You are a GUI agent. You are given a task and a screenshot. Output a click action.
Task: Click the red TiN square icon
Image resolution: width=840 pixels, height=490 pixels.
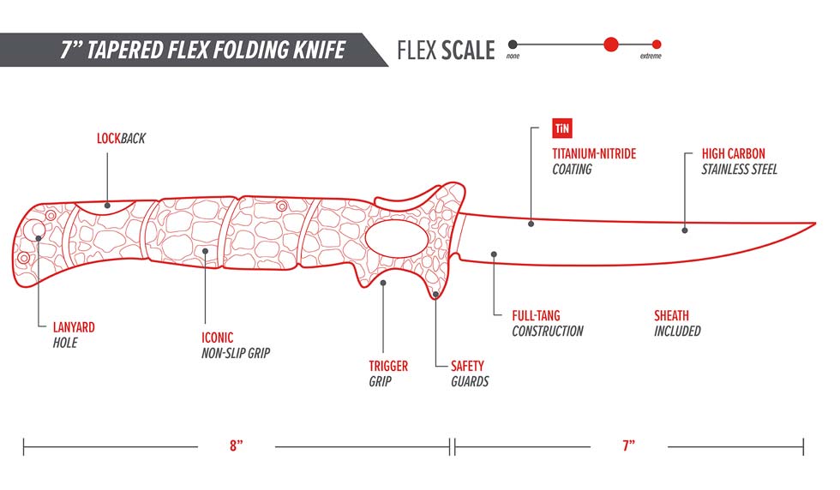coord(561,129)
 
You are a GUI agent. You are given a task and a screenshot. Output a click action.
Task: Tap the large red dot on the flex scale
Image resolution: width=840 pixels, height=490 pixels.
coord(610,45)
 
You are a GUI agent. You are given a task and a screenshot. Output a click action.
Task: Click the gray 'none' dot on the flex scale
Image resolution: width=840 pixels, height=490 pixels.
coord(512,45)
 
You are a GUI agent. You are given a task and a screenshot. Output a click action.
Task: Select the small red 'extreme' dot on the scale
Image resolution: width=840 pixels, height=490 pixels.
coord(656,45)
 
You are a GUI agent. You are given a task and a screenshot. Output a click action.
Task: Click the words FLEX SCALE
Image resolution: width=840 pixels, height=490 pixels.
coord(446,51)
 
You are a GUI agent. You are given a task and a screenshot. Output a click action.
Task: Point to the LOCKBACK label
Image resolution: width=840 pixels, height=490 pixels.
coord(121,138)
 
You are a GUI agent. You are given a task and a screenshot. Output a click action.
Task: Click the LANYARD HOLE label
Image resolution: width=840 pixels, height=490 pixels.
coord(72,334)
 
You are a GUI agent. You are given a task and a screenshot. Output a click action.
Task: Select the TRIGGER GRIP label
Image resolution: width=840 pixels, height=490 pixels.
coord(388,373)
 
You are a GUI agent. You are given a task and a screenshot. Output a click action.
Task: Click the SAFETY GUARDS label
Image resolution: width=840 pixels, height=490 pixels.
coord(470,373)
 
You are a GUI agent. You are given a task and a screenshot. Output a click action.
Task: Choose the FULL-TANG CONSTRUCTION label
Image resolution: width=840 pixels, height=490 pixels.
coord(547,323)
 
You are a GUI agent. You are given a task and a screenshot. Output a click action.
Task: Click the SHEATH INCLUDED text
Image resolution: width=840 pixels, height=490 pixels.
coord(677,323)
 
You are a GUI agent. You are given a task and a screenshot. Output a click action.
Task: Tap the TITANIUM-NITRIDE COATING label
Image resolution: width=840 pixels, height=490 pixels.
coord(593,161)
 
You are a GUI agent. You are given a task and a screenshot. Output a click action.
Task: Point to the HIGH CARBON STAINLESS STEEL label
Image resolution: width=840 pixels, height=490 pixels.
coord(739,161)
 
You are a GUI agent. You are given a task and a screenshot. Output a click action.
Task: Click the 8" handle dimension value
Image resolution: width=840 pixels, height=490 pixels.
coord(237,445)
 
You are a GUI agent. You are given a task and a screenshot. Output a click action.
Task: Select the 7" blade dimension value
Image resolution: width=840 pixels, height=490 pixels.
coord(628,445)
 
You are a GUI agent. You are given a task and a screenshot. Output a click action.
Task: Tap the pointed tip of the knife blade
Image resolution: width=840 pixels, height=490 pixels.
coord(813,224)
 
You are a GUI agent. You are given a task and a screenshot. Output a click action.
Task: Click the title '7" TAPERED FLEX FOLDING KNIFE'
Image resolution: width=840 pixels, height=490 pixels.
coord(202,50)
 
